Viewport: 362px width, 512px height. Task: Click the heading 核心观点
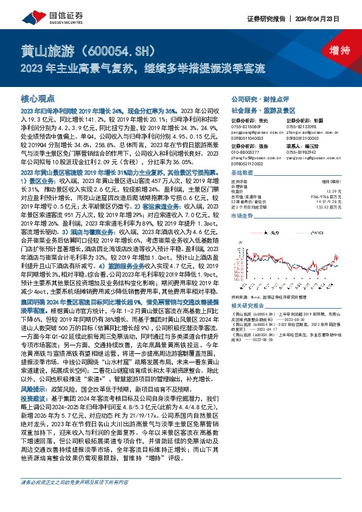38,97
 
